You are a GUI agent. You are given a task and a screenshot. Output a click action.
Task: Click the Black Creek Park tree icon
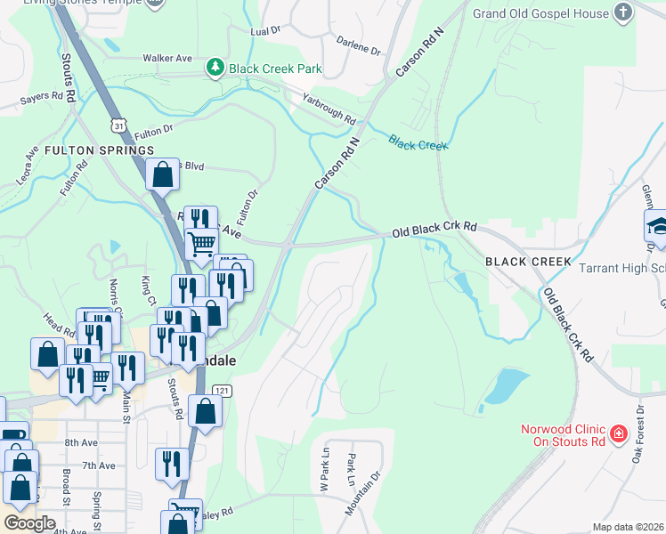click(215, 68)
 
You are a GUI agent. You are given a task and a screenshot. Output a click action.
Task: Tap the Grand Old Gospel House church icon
click(623, 13)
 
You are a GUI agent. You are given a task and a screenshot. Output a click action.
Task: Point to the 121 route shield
click(222, 391)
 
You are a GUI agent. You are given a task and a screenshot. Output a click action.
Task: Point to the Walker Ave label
click(167, 58)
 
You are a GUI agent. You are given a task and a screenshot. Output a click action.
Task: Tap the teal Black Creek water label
click(418, 142)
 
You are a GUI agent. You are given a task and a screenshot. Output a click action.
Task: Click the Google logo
click(30, 523)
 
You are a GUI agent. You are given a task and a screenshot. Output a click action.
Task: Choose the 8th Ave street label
click(80, 442)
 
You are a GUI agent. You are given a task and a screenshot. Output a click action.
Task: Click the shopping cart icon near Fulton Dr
click(202, 242)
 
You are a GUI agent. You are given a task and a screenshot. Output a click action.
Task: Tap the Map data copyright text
click(628, 528)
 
